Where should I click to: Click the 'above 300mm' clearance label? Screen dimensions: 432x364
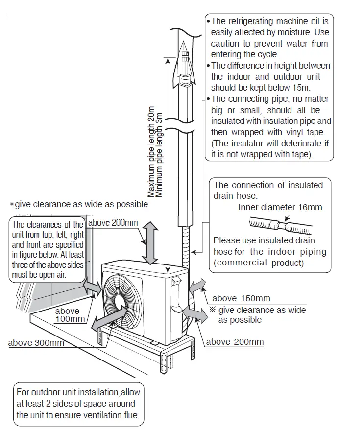pyautogui.click(x=36, y=342)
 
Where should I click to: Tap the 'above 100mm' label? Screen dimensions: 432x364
pyautogui.click(x=68, y=315)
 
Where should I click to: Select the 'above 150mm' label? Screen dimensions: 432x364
pyautogui.click(x=241, y=298)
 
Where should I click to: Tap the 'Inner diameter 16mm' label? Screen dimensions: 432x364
pyautogui.click(x=280, y=207)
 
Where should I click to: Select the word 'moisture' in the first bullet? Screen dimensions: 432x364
pyautogui.click(x=277, y=33)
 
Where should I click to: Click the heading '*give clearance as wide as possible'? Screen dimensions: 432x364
pyautogui.click(x=78, y=204)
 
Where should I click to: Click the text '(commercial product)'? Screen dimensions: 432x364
pyautogui.click(x=259, y=263)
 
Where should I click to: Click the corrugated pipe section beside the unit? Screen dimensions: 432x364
pyautogui.click(x=186, y=247)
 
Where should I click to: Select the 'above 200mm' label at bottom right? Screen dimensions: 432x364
pyautogui.click(x=235, y=342)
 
